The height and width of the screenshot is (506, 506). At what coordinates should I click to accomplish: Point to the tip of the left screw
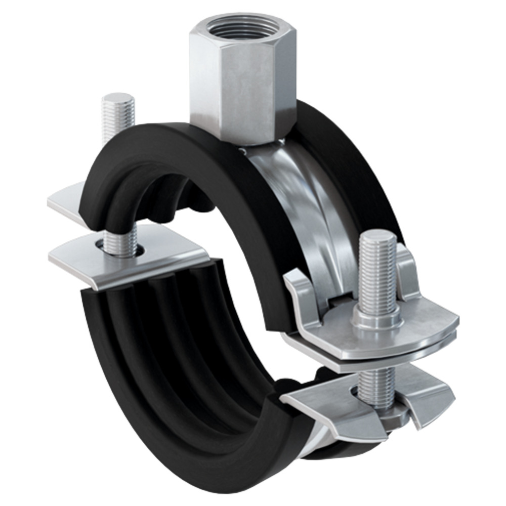(x=117, y=99)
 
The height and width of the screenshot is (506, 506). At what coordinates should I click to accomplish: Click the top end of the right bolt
(x=377, y=237)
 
